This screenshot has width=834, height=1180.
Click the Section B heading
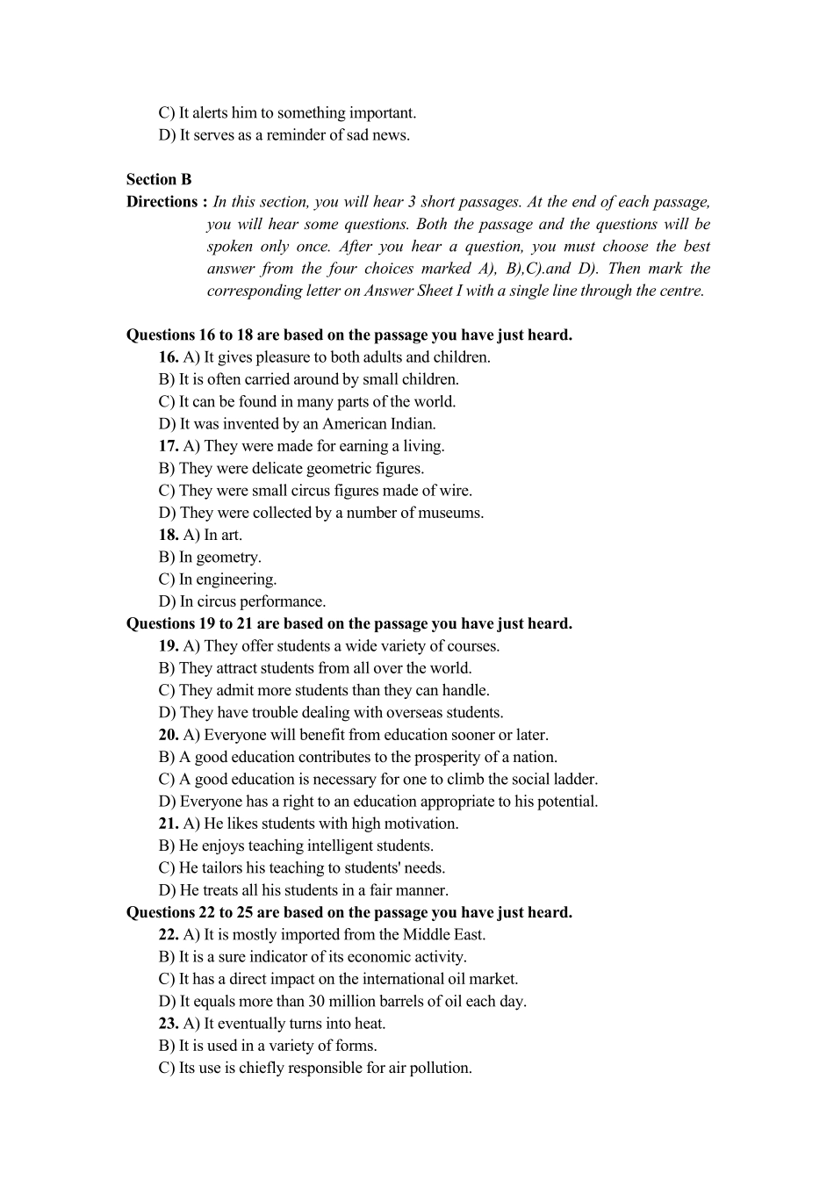click(159, 179)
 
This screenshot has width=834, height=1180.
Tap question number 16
click(169, 357)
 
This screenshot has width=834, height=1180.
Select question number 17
click(169, 446)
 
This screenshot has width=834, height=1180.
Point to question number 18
click(169, 535)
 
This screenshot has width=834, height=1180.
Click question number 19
click(169, 646)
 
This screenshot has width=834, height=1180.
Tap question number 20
click(169, 735)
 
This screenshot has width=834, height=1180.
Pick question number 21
click(169, 824)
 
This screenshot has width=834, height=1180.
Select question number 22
click(169, 935)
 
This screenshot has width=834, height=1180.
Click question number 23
click(169, 1024)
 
